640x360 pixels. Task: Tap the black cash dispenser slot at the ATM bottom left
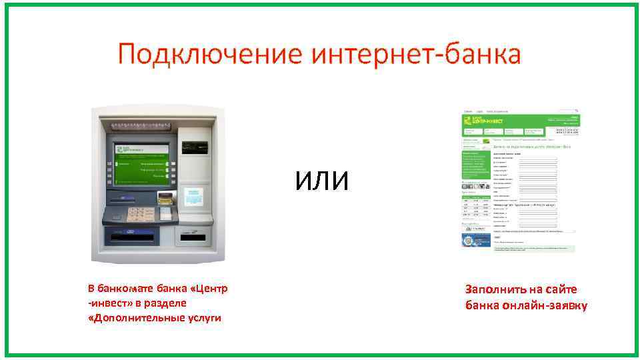tap(132, 236)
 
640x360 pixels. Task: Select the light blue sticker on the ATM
tap(195, 197)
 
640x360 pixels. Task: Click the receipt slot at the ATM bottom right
tap(194, 236)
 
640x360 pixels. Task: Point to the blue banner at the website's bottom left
tap(476, 240)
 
